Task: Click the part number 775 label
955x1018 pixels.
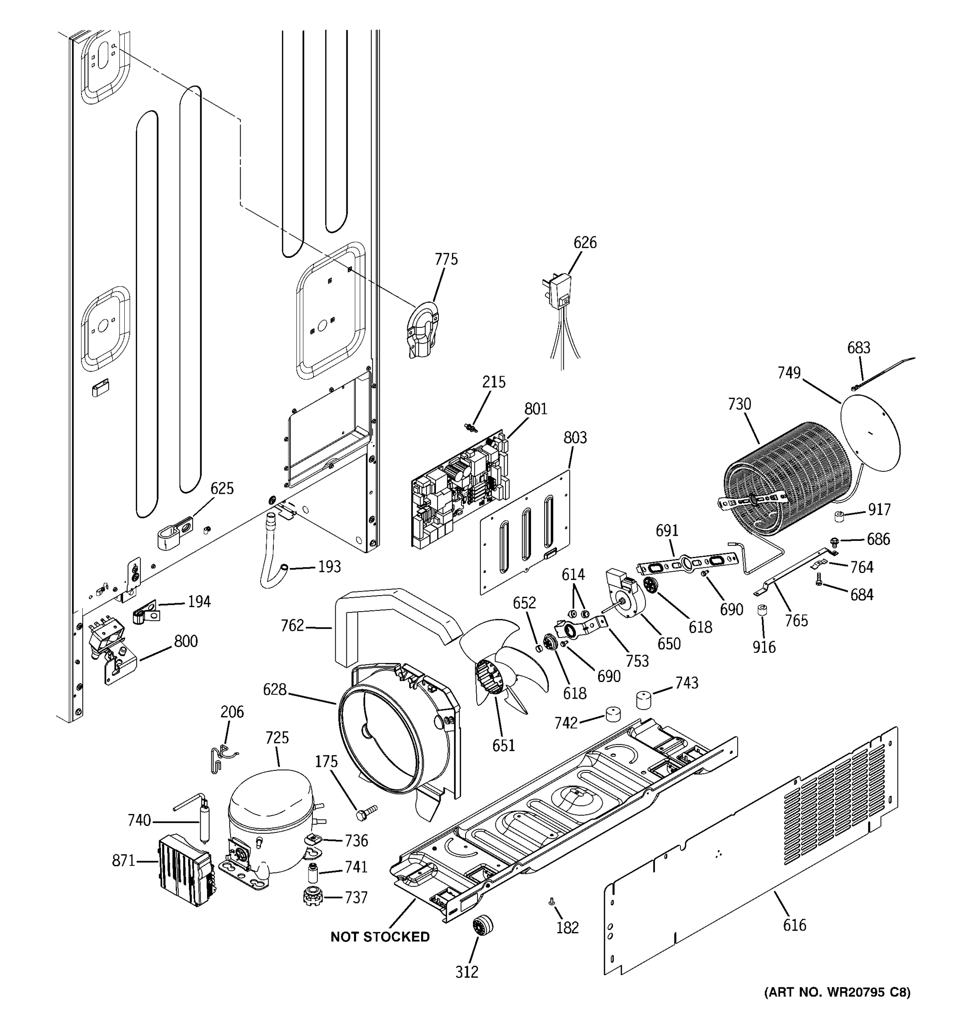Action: [x=446, y=260]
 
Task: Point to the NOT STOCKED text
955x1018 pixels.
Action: [x=379, y=937]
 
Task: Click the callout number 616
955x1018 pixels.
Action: [x=794, y=925]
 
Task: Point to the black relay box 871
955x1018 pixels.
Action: [x=185, y=870]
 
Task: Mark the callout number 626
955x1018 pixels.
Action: [x=584, y=243]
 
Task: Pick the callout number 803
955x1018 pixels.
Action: [x=575, y=438]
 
